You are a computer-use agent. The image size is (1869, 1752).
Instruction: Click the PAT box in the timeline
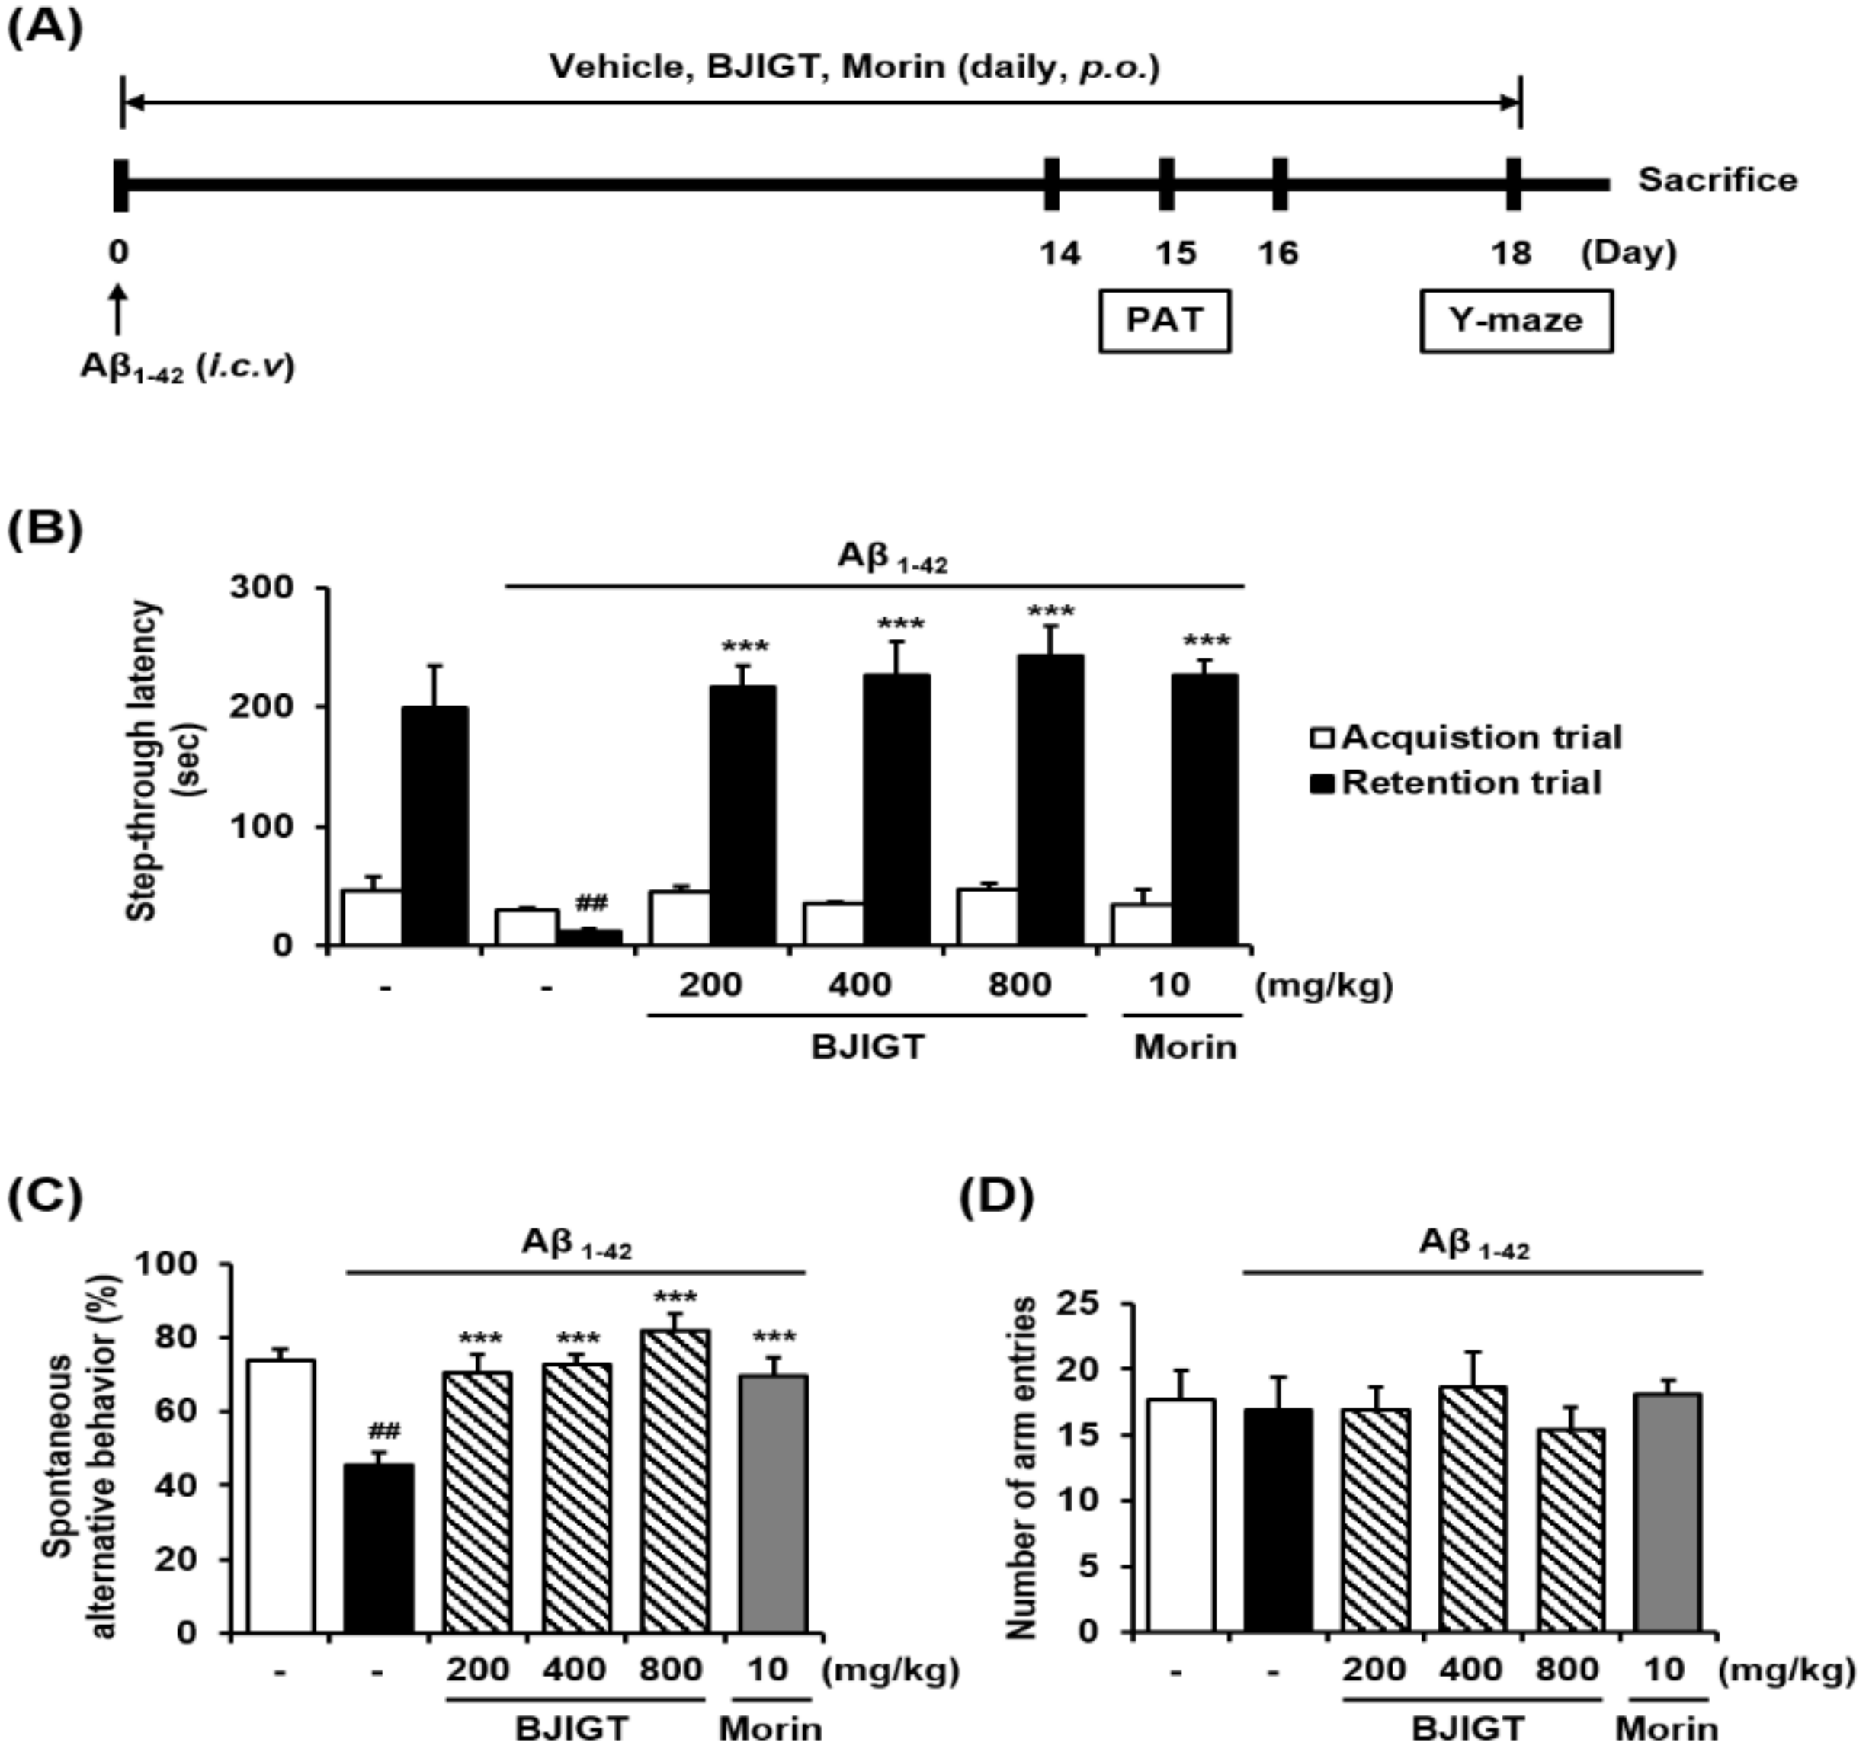[x=1164, y=321]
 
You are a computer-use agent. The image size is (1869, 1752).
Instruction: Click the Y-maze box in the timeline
[x=1515, y=321]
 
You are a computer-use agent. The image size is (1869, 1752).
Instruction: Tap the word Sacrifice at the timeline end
[x=1717, y=180]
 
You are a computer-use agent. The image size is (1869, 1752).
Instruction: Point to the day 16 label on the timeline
[x=1278, y=252]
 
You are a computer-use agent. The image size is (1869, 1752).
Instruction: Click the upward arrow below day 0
[x=117, y=310]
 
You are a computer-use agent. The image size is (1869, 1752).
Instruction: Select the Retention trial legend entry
[x=1457, y=783]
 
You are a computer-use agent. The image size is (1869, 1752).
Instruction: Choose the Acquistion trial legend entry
[x=1467, y=738]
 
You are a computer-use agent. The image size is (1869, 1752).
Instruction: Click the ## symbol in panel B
[x=591, y=903]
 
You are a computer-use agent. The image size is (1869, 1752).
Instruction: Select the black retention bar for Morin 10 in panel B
[x=1204, y=809]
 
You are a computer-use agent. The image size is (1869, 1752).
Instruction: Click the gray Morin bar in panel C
[x=773, y=1504]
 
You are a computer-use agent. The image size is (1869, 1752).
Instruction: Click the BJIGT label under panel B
[x=867, y=1046]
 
